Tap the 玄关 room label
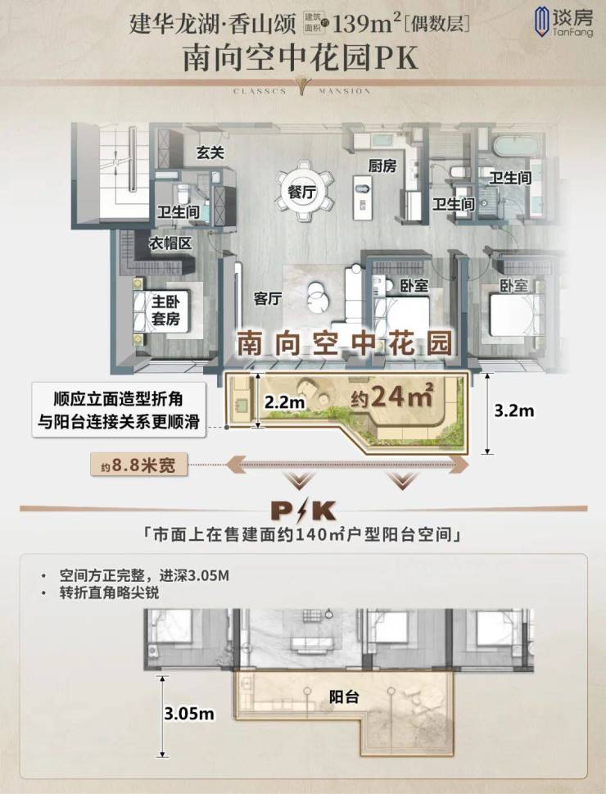tap(210, 152)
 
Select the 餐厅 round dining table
tap(302, 192)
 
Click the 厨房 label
tap(382, 166)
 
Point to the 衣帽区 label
tap(170, 243)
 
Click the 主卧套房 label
tap(165, 311)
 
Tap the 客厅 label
tap(268, 298)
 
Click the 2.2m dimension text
tap(284, 402)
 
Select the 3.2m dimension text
tap(513, 411)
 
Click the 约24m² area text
tap(392, 396)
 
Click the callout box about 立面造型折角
tap(119, 411)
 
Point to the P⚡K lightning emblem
tap(303, 511)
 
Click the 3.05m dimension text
tap(189, 714)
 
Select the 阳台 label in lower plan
tap(344, 696)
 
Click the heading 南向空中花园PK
tap(301, 58)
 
